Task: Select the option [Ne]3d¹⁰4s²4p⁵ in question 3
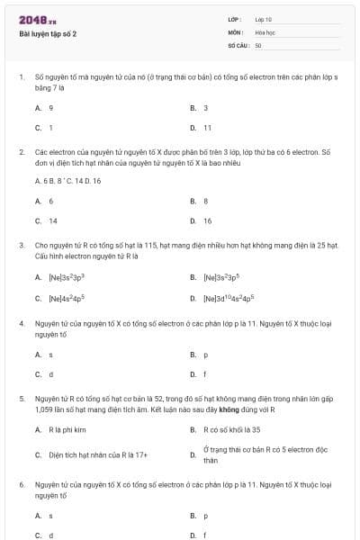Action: tap(229, 297)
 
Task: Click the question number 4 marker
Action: tap(21, 322)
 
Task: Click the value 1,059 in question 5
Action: tap(46, 409)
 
